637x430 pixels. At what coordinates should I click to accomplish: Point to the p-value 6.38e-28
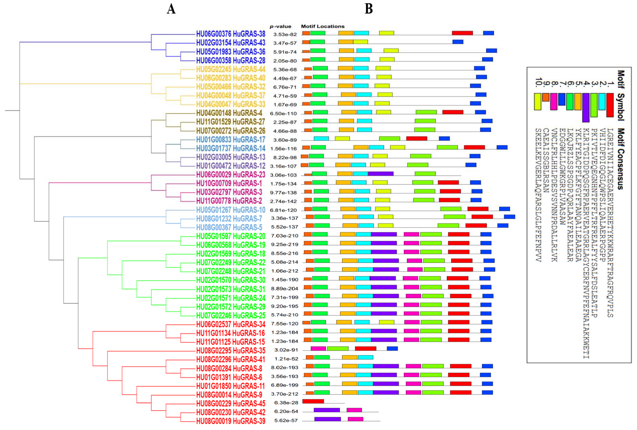pos(286,403)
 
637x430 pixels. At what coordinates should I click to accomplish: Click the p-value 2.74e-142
pos(283,201)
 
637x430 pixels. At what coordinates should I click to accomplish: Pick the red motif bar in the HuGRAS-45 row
pos(313,401)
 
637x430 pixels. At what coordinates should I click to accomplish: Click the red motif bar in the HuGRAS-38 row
pos(462,33)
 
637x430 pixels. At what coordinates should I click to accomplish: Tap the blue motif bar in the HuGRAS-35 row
pos(392,349)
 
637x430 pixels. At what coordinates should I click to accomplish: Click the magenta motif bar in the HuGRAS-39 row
pos(355,419)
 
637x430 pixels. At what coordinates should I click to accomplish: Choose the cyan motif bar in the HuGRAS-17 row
pos(321,138)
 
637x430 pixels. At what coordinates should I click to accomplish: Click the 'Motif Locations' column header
pos(323,26)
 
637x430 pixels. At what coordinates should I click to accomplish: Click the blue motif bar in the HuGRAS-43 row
pos(458,42)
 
